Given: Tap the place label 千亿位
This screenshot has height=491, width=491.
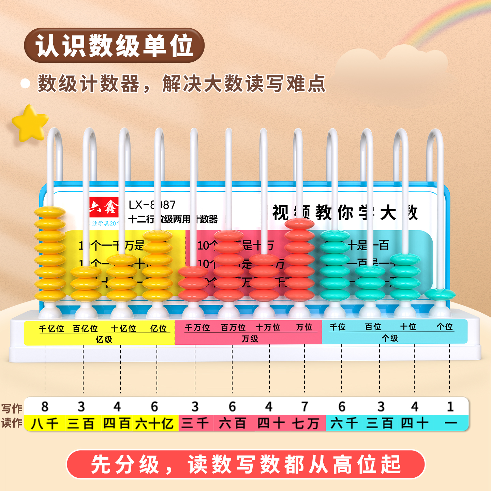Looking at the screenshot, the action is [x=51, y=329].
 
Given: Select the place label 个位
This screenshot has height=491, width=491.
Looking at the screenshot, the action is [x=445, y=327].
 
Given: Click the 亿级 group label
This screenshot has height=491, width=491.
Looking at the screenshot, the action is [x=104, y=339].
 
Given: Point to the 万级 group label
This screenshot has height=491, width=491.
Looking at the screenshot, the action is [x=250, y=339].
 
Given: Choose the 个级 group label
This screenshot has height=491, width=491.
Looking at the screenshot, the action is [x=390, y=338].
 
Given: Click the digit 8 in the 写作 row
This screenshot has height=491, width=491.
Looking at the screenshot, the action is [x=45, y=406].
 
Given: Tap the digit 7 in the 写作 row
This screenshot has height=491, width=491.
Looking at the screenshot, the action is [x=305, y=406].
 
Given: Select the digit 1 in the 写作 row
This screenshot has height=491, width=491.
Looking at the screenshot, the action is [x=450, y=406].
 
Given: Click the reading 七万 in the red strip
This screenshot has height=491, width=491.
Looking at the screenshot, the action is [x=305, y=423].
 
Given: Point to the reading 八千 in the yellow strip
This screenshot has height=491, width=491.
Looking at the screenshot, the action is [x=45, y=423].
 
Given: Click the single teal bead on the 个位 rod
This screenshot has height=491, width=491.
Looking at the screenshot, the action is [x=440, y=294].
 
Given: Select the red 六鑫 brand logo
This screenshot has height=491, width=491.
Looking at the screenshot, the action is [x=104, y=207].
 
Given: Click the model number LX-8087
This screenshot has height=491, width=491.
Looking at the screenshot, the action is [x=152, y=205].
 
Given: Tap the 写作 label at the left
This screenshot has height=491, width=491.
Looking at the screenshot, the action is [x=12, y=408].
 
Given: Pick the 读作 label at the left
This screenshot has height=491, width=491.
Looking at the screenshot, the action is [x=12, y=423].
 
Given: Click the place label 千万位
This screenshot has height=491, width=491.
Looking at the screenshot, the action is [x=197, y=328].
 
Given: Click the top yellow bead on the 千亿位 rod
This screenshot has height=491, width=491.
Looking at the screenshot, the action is [x=50, y=212].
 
